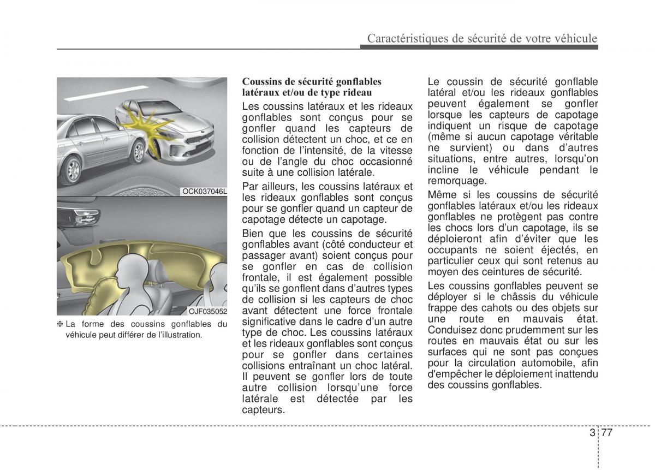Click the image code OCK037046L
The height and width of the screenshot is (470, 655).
(204, 191)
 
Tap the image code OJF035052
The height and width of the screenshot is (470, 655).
(207, 311)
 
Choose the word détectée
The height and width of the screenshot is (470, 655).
(337, 398)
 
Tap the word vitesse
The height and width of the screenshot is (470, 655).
(395, 150)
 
